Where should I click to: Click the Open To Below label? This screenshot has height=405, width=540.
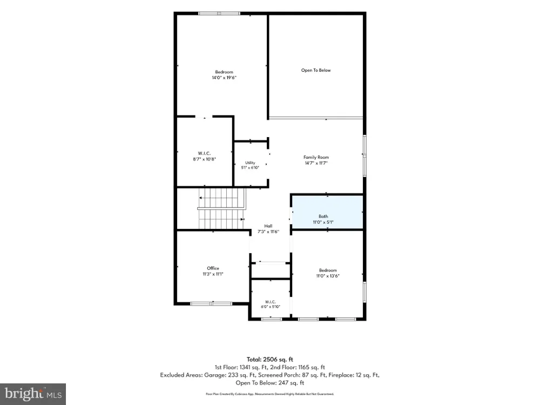(316, 70)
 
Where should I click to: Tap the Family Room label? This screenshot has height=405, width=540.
(316, 157)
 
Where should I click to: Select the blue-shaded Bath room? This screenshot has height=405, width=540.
(328, 212)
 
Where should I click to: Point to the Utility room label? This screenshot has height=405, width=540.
(251, 163)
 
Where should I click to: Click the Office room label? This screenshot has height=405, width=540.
(213, 268)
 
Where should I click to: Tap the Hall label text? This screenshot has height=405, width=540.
(268, 226)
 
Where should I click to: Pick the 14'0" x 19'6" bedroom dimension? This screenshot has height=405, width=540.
(224, 77)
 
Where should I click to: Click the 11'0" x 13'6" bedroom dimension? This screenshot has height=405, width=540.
(328, 276)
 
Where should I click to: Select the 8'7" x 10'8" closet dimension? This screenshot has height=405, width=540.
(205, 159)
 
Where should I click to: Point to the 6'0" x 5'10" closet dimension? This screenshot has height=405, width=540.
(271, 307)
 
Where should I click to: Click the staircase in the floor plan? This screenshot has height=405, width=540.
(222, 208)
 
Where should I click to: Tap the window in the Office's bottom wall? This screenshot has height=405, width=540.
(211, 303)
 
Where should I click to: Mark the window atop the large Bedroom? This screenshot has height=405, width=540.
(219, 13)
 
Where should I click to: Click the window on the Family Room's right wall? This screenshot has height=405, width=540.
(364, 156)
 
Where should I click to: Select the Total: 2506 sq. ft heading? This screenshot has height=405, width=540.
(270, 360)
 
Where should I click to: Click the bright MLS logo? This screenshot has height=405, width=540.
(33, 394)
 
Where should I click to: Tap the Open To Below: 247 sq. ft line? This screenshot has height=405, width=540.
(270, 383)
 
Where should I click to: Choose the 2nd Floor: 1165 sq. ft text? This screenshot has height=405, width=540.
(298, 367)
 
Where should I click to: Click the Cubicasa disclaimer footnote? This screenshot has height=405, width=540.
(270, 394)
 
